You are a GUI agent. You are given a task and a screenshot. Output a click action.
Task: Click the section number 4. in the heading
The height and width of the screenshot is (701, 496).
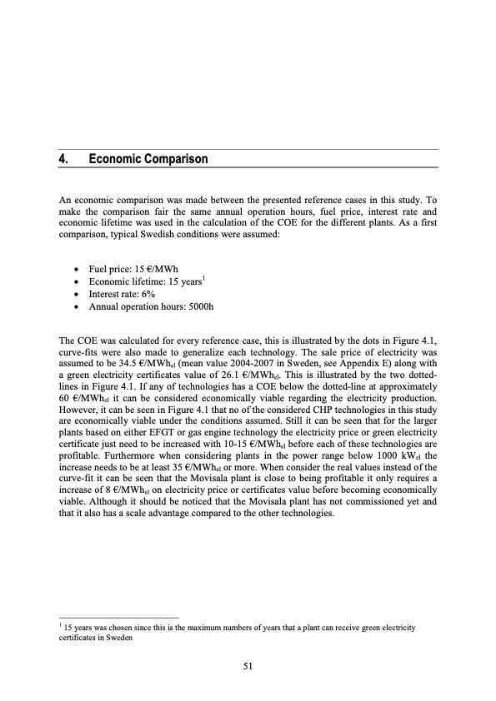coord(64,158)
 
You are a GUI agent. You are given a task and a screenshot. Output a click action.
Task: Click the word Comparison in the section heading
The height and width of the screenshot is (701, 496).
coord(172,158)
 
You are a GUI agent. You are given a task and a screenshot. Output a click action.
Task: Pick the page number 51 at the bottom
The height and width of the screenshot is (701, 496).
coord(248,665)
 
